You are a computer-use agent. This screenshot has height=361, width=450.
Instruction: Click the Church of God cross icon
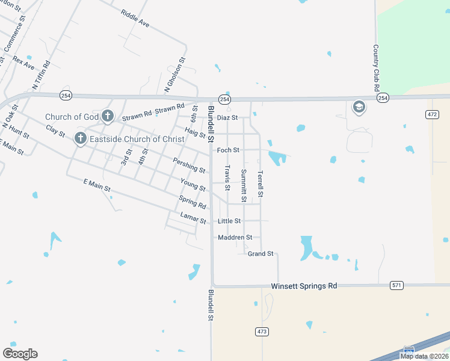coord(108,116)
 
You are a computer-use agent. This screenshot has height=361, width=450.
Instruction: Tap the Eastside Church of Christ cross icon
coord(80,139)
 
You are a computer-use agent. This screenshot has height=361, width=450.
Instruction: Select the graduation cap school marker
coord(359,107)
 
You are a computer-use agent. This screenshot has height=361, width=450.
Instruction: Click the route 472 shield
coord(432,114)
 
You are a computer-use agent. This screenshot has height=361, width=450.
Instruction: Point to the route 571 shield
coord(396,285)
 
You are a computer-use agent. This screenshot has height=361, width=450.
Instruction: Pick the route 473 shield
coord(262,332)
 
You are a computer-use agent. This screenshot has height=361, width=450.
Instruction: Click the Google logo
coord(20,354)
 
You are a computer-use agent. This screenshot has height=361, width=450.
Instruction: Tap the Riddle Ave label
coord(135,19)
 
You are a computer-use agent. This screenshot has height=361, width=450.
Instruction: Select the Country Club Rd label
coord(376,67)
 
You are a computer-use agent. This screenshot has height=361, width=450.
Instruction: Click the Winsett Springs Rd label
coord(304,286)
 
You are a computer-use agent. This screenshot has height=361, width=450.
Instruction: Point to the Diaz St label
coord(228,117)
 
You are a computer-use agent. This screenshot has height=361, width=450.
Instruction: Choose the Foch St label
coord(228,150)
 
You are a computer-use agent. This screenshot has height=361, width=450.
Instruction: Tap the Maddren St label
coord(235,238)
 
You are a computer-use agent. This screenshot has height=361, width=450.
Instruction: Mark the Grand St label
coord(260,254)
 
